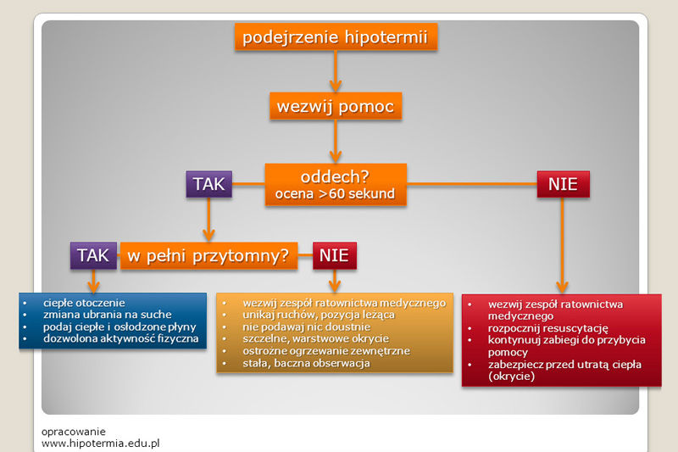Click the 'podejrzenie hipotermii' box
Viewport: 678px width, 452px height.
point(335,37)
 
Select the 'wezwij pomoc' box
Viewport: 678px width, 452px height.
point(335,107)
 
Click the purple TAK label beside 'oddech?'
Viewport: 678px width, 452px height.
point(208,184)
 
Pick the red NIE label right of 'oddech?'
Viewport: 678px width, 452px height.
point(563,184)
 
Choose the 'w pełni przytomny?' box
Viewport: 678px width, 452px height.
point(208,254)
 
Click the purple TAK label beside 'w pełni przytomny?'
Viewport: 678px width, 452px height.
point(93,254)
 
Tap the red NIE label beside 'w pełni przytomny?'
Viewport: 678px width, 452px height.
point(335,254)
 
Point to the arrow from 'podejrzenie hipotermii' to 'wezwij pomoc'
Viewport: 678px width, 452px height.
point(336,73)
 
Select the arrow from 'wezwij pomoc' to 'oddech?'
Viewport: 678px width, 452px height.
point(336,142)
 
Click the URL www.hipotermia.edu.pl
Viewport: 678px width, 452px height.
point(101,443)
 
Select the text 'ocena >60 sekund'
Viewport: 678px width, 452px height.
point(336,194)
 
